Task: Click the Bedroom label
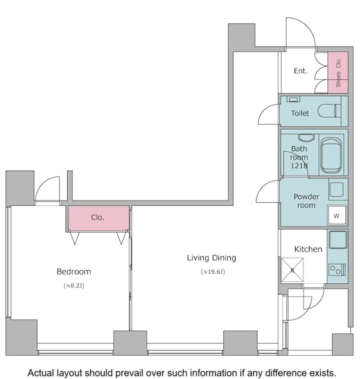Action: pyautogui.click(x=74, y=272)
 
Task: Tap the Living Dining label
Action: pyautogui.click(x=212, y=258)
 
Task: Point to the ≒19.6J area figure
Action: pyautogui.click(x=213, y=272)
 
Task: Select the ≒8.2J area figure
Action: pyautogui.click(x=74, y=286)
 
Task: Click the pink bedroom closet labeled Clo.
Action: pyautogui.click(x=98, y=218)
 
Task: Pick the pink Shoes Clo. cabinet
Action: pyautogui.click(x=338, y=72)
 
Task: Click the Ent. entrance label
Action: pyautogui.click(x=300, y=71)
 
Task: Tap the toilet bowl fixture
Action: pyautogui.click(x=329, y=111)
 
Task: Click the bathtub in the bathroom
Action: pyautogui.click(x=331, y=155)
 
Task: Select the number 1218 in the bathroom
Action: pyautogui.click(x=299, y=165)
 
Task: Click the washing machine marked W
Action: pyautogui.click(x=337, y=215)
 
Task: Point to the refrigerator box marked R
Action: pyautogui.click(x=292, y=270)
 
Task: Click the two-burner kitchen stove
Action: pyautogui.click(x=337, y=270)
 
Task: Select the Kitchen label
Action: pyautogui.click(x=308, y=249)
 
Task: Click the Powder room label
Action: pyautogui.click(x=306, y=201)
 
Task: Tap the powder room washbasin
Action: pyautogui.click(x=336, y=189)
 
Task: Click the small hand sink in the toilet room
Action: pyautogui.click(x=293, y=99)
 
